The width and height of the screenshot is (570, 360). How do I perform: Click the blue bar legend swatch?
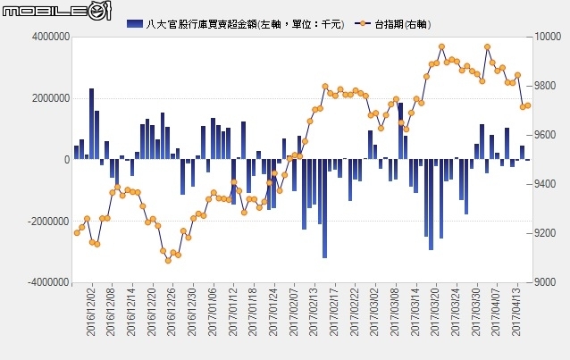136,22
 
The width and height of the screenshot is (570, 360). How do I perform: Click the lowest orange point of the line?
168,260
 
